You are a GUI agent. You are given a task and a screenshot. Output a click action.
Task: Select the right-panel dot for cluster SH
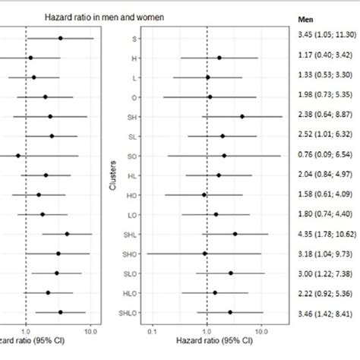coord(242,116)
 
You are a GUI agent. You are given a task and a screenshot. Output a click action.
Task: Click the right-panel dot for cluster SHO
coord(204,254)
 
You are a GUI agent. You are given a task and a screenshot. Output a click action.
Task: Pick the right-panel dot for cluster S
coord(207,37)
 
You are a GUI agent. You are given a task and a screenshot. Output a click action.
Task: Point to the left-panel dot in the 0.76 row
coord(18,155)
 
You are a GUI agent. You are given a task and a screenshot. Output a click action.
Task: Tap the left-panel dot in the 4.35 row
coord(67,234)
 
